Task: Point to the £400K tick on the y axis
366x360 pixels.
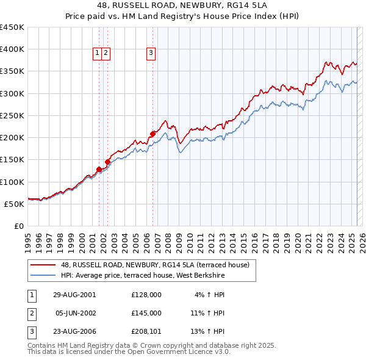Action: coord(12,49)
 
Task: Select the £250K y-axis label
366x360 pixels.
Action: coord(12,115)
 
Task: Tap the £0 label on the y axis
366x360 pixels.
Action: coord(18,226)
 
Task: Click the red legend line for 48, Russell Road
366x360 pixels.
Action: coord(43,265)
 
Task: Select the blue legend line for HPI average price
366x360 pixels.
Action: coord(43,275)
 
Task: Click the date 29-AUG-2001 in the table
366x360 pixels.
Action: coord(74,295)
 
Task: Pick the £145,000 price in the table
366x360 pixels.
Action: coord(146,313)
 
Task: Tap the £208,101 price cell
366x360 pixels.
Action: coord(146,332)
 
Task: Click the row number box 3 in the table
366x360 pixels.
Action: coord(30,332)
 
